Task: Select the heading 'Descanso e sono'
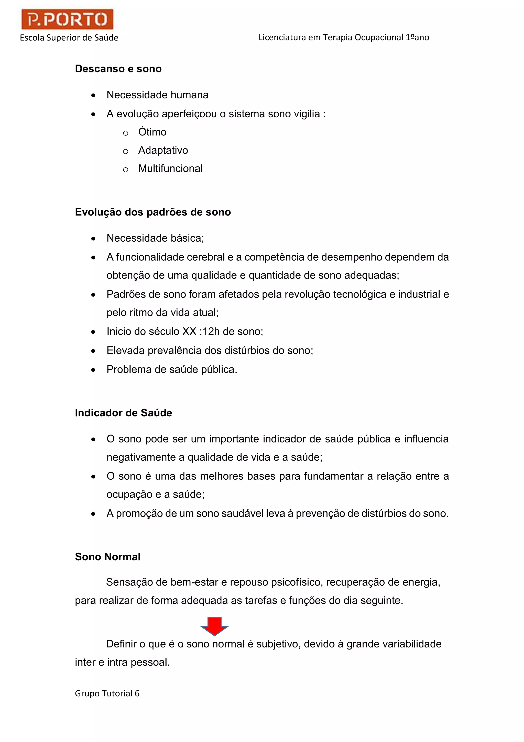click(118, 69)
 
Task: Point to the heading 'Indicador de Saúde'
click(123, 413)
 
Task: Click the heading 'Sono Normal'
click(107, 557)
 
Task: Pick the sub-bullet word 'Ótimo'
click(152, 132)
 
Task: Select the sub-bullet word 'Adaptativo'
click(163, 150)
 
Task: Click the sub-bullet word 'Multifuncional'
click(170, 168)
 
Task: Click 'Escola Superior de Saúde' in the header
click(69, 38)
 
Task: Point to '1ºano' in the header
click(417, 37)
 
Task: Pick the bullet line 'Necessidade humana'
click(157, 95)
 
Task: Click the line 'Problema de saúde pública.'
click(172, 369)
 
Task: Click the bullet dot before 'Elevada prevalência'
click(93, 351)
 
